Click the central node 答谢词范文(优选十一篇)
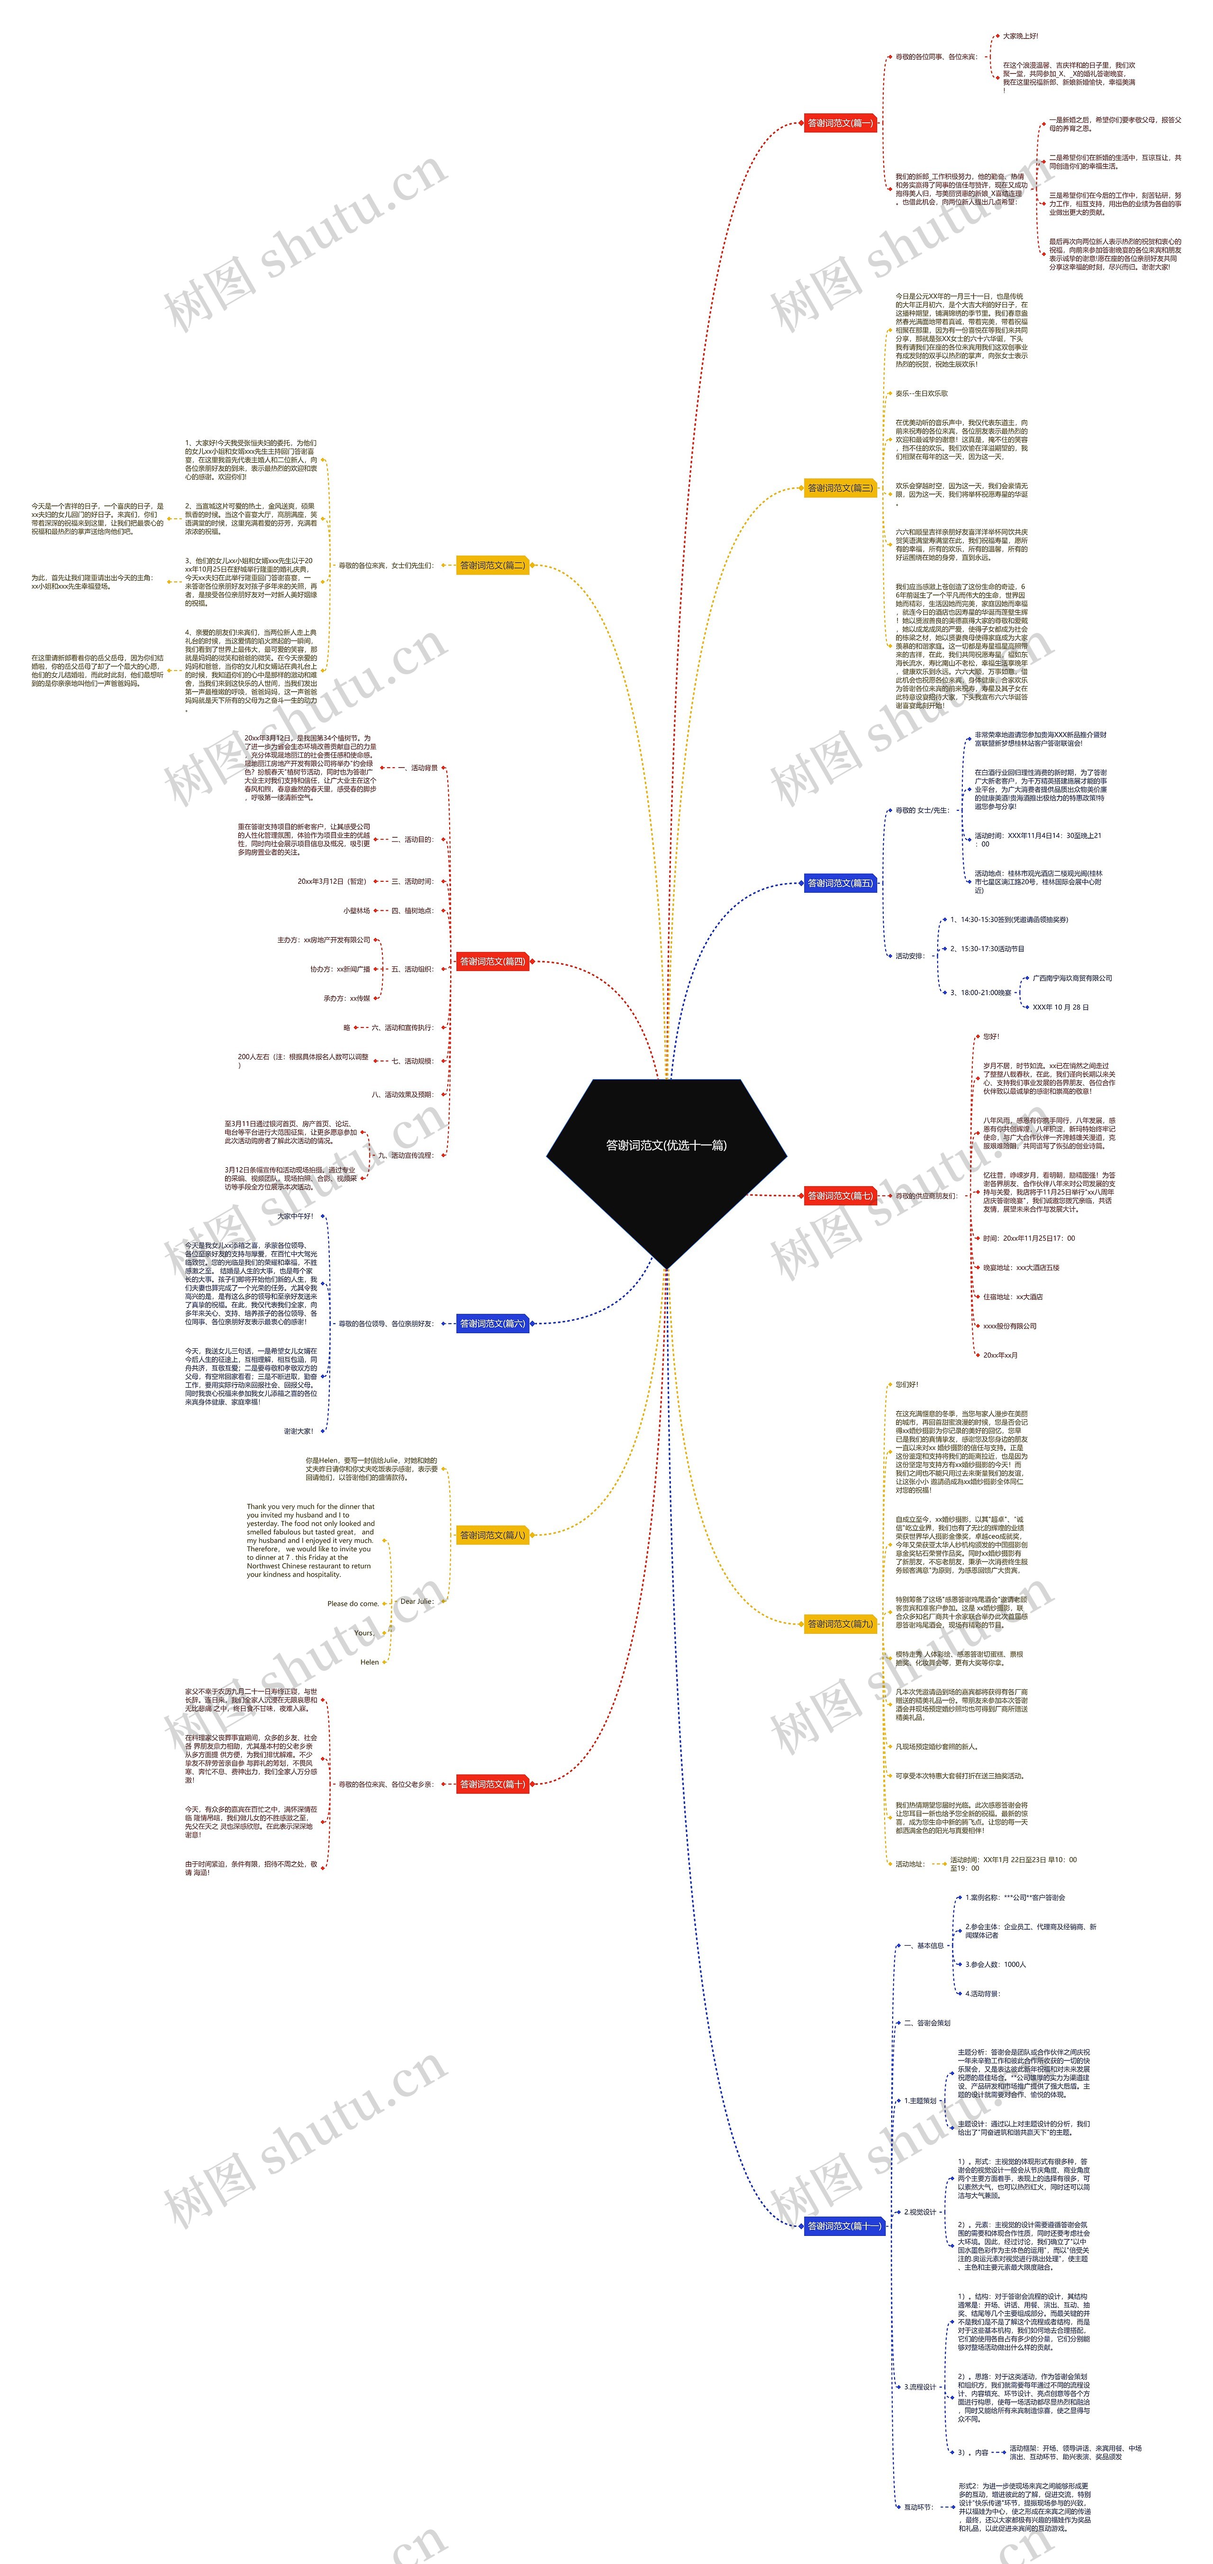(666, 1145)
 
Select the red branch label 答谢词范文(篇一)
(840, 123)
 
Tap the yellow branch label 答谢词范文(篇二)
(491, 565)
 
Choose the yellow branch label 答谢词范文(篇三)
(840, 488)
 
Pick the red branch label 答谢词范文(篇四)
(491, 961)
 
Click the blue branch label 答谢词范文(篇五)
(840, 883)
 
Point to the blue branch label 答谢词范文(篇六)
(491, 1324)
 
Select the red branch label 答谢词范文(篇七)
(840, 1195)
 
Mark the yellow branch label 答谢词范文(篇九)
(840, 1623)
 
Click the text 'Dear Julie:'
(416, 1602)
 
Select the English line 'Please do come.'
(352, 1603)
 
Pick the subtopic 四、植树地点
(411, 911)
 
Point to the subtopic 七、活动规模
(411, 1061)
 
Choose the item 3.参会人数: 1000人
(995, 1965)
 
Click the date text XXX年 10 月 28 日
(1061, 1007)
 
